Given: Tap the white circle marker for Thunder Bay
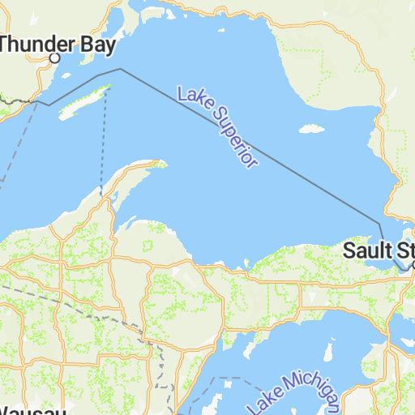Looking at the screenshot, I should click(x=55, y=58).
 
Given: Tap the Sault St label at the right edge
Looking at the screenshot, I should click(x=378, y=250).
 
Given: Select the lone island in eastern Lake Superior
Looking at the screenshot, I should click(x=309, y=128).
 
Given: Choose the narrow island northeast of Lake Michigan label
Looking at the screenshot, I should click(x=330, y=353).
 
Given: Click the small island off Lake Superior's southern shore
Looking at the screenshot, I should click(x=244, y=261).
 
